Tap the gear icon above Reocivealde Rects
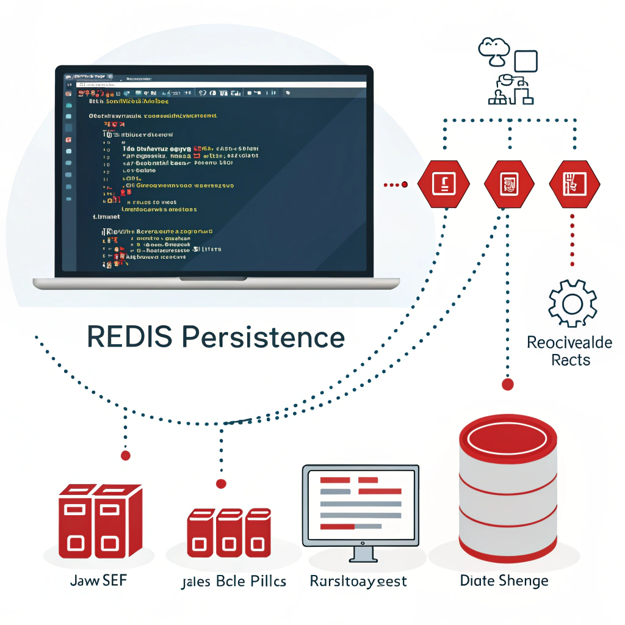point(572,303)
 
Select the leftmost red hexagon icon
point(444,183)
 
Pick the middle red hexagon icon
point(509,183)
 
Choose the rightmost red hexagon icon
point(574,183)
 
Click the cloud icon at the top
point(494,48)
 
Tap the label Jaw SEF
point(99,580)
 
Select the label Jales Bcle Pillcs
point(234,581)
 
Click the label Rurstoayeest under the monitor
point(358,581)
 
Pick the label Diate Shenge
point(504,580)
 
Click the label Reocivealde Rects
point(569,350)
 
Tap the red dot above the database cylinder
point(507,384)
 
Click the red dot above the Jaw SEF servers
point(126,455)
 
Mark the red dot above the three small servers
point(221,483)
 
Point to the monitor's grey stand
point(361,553)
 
